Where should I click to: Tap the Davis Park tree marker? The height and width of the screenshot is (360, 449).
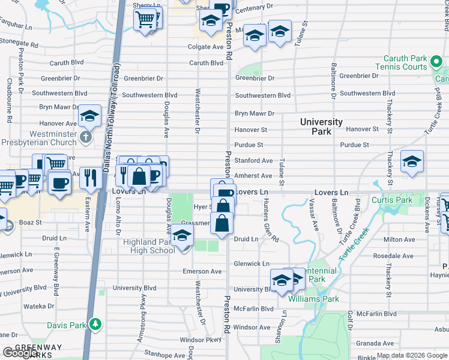coord(94,325)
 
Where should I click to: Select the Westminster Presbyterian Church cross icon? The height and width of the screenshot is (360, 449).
coord(86,137)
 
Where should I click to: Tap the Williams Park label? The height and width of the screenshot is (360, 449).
coord(313,299)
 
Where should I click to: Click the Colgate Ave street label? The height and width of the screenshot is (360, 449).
coord(205,47)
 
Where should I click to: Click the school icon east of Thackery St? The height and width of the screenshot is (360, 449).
coord(412,161)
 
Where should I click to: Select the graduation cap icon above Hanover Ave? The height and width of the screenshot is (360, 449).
coord(89,115)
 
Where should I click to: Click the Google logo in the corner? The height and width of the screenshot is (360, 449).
coord(20,353)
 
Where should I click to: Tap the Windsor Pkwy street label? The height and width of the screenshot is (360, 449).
coord(200,340)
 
